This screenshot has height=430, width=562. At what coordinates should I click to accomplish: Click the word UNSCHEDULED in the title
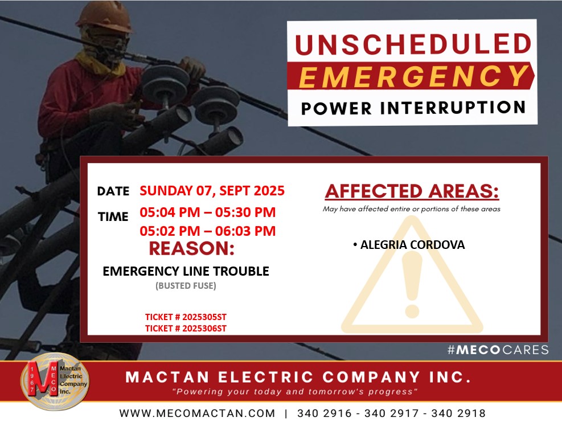pyautogui.click(x=413, y=44)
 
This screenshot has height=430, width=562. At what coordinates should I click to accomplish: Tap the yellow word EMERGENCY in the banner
pyautogui.click(x=413, y=76)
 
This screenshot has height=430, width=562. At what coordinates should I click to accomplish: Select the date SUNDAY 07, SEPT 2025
pyautogui.click(x=212, y=191)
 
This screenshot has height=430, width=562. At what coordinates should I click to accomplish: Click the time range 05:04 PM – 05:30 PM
pyautogui.click(x=207, y=212)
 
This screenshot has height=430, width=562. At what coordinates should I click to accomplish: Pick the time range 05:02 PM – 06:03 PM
pyautogui.click(x=207, y=231)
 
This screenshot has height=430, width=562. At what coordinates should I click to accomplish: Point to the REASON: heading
pyautogui.click(x=192, y=248)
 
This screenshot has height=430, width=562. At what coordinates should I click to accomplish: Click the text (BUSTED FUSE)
pyautogui.click(x=186, y=285)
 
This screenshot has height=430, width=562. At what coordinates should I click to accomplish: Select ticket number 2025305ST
pyautogui.click(x=186, y=317)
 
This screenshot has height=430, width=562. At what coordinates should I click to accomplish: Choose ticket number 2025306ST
pyautogui.click(x=186, y=328)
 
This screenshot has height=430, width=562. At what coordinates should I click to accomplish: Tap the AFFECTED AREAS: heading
pyautogui.click(x=412, y=191)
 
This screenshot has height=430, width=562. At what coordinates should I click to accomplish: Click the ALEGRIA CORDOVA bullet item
pyautogui.click(x=409, y=244)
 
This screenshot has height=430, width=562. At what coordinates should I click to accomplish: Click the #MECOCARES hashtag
pyautogui.click(x=498, y=350)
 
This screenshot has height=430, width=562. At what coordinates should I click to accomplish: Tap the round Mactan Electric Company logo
pyautogui.click(x=55, y=382)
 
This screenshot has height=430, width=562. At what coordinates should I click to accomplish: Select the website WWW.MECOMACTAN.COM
pyautogui.click(x=197, y=413)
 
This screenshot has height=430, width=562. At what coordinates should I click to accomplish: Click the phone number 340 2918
pyautogui.click(x=458, y=413)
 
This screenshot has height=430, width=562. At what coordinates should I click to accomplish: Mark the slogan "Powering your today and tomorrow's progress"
pyautogui.click(x=295, y=391)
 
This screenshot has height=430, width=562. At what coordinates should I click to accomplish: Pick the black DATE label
pyautogui.click(x=113, y=191)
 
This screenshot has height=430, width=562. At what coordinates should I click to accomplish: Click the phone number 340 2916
pyautogui.click(x=325, y=413)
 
